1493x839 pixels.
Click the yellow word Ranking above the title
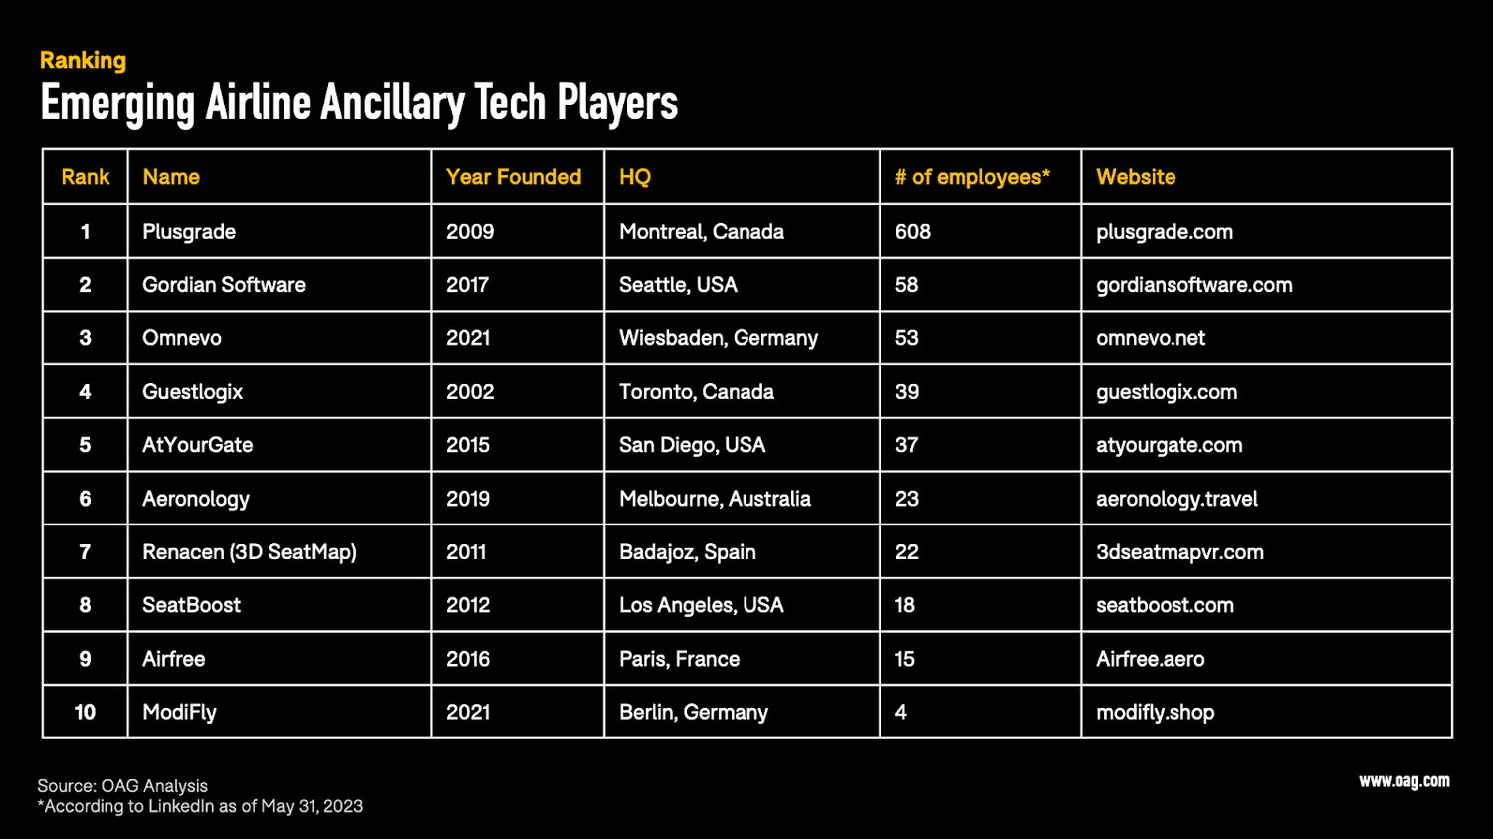click(83, 61)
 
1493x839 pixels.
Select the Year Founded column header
click(513, 177)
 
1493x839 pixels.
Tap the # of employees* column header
click(971, 177)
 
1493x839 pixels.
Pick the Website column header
click(1136, 177)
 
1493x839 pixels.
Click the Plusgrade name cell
click(189, 232)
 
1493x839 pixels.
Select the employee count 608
click(912, 232)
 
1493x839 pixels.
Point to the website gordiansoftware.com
click(1193, 285)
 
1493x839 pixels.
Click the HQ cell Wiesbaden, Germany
click(718, 338)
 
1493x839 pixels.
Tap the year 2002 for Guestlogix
click(470, 392)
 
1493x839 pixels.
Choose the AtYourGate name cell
click(197, 445)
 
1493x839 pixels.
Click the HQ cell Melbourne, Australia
click(715, 499)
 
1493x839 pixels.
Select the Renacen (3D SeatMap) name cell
click(250, 552)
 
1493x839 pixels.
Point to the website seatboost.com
click(1165, 605)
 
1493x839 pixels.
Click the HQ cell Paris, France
click(679, 659)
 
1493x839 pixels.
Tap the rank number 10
click(85, 712)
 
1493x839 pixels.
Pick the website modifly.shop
click(1155, 712)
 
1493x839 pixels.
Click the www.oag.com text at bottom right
click(1403, 781)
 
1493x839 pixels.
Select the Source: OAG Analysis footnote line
click(122, 786)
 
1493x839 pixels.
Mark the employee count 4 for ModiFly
click(900, 712)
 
